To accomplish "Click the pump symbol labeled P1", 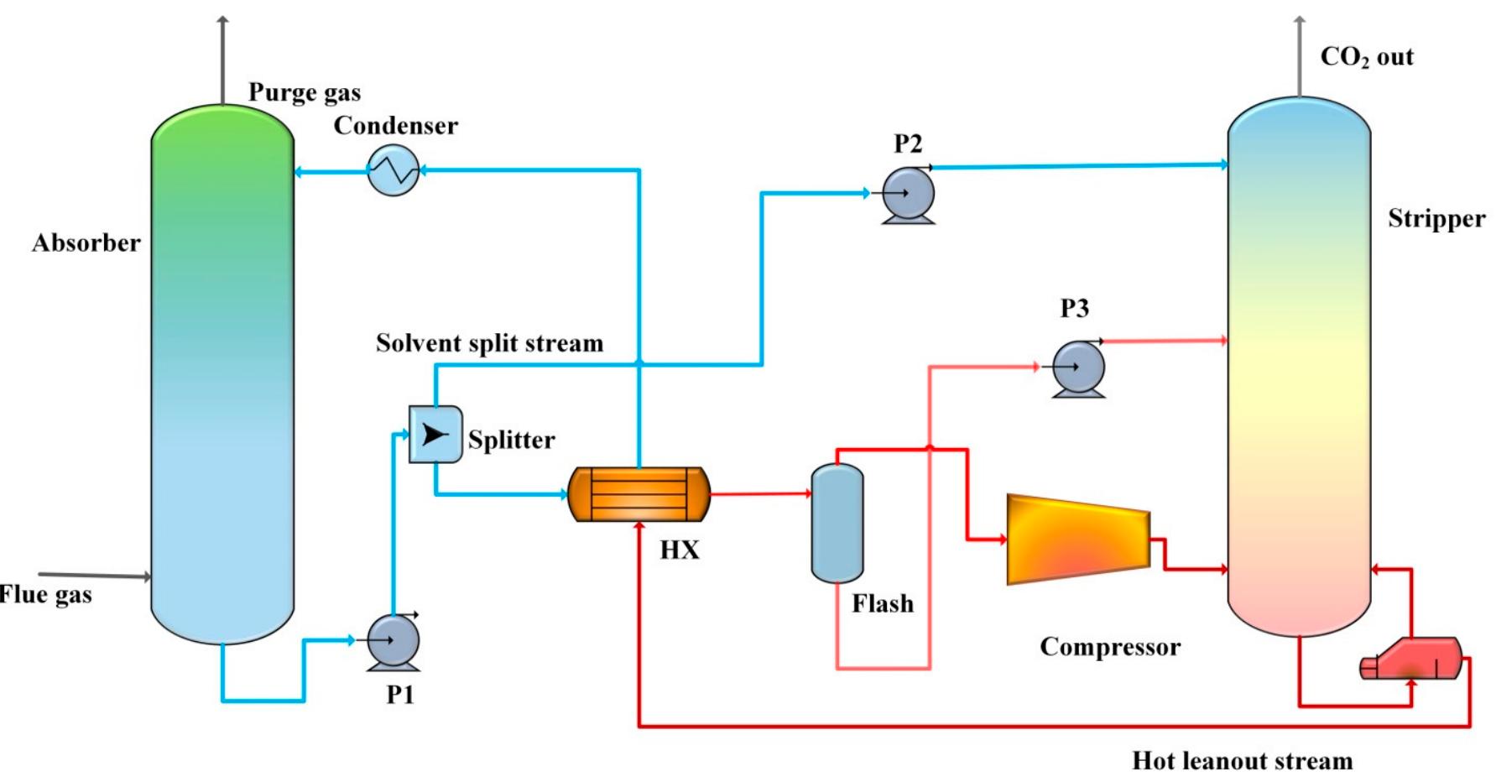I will point(393,642).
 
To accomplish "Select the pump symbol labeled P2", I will point(909,194).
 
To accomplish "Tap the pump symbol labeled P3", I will point(1079,368).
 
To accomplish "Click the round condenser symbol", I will point(394,170).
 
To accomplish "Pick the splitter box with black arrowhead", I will point(435,434).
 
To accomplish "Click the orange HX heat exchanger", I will point(639,495).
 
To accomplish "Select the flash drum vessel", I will point(837,523).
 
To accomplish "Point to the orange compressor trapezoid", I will point(1077,539).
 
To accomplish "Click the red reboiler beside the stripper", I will point(1412,659).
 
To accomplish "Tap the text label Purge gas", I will point(305,92).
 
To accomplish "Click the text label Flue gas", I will point(45,595).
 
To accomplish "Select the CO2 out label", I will point(1367,57).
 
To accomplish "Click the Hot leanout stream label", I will point(1242,761).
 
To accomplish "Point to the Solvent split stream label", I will point(489,343).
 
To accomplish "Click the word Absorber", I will point(86,243).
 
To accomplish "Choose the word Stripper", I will point(1436,219).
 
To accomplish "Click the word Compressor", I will point(1109,647).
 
